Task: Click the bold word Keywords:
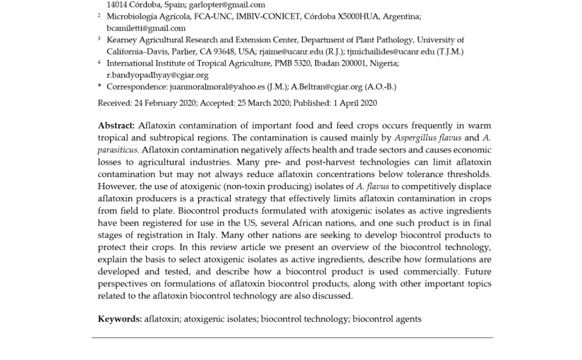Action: click(120, 319)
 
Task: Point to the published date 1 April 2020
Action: click(352, 103)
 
